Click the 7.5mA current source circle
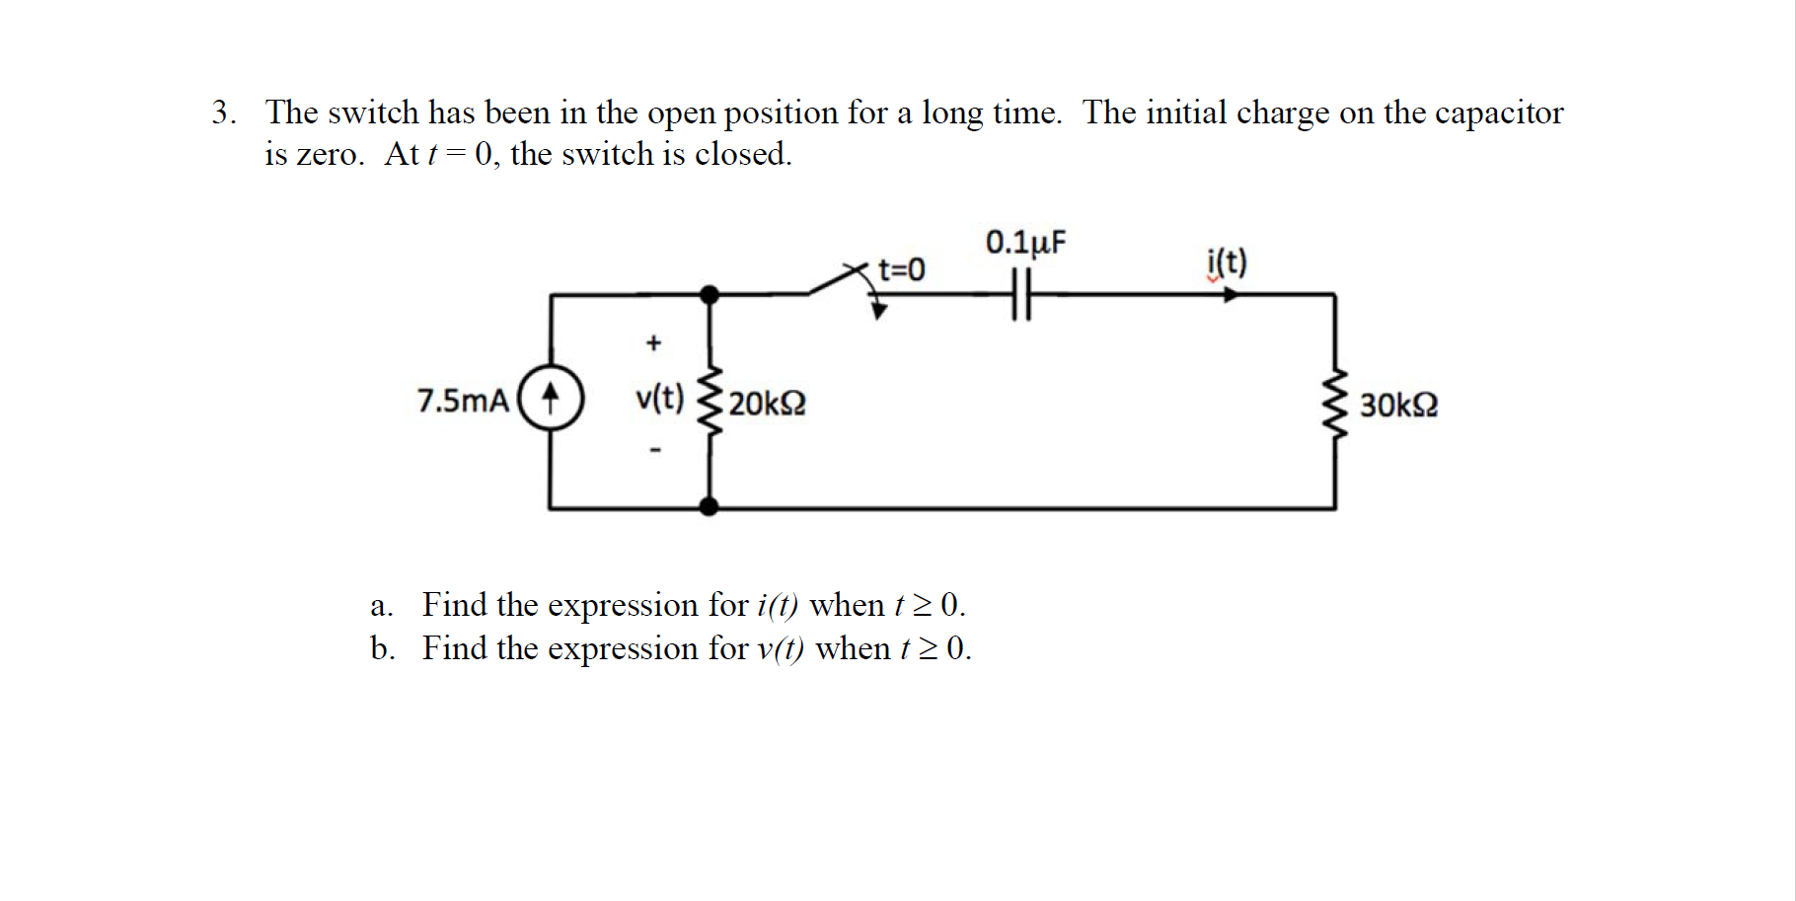(x=551, y=399)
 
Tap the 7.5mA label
(x=462, y=401)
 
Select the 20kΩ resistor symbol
(x=709, y=402)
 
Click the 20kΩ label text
(x=767, y=404)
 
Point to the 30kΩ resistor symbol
(x=1335, y=404)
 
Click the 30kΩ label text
(x=1398, y=405)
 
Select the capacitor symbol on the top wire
(x=1020, y=294)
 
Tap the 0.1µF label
(x=1025, y=242)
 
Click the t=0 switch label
(x=901, y=268)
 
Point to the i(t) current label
(x=1227, y=263)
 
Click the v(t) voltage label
(x=659, y=398)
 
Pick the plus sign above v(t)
(x=652, y=343)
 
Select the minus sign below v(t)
(x=653, y=450)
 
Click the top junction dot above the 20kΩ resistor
(x=709, y=294)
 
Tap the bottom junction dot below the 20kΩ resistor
(x=709, y=507)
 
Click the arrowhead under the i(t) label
(x=1230, y=294)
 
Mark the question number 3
(x=222, y=113)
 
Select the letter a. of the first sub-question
(x=381, y=605)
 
